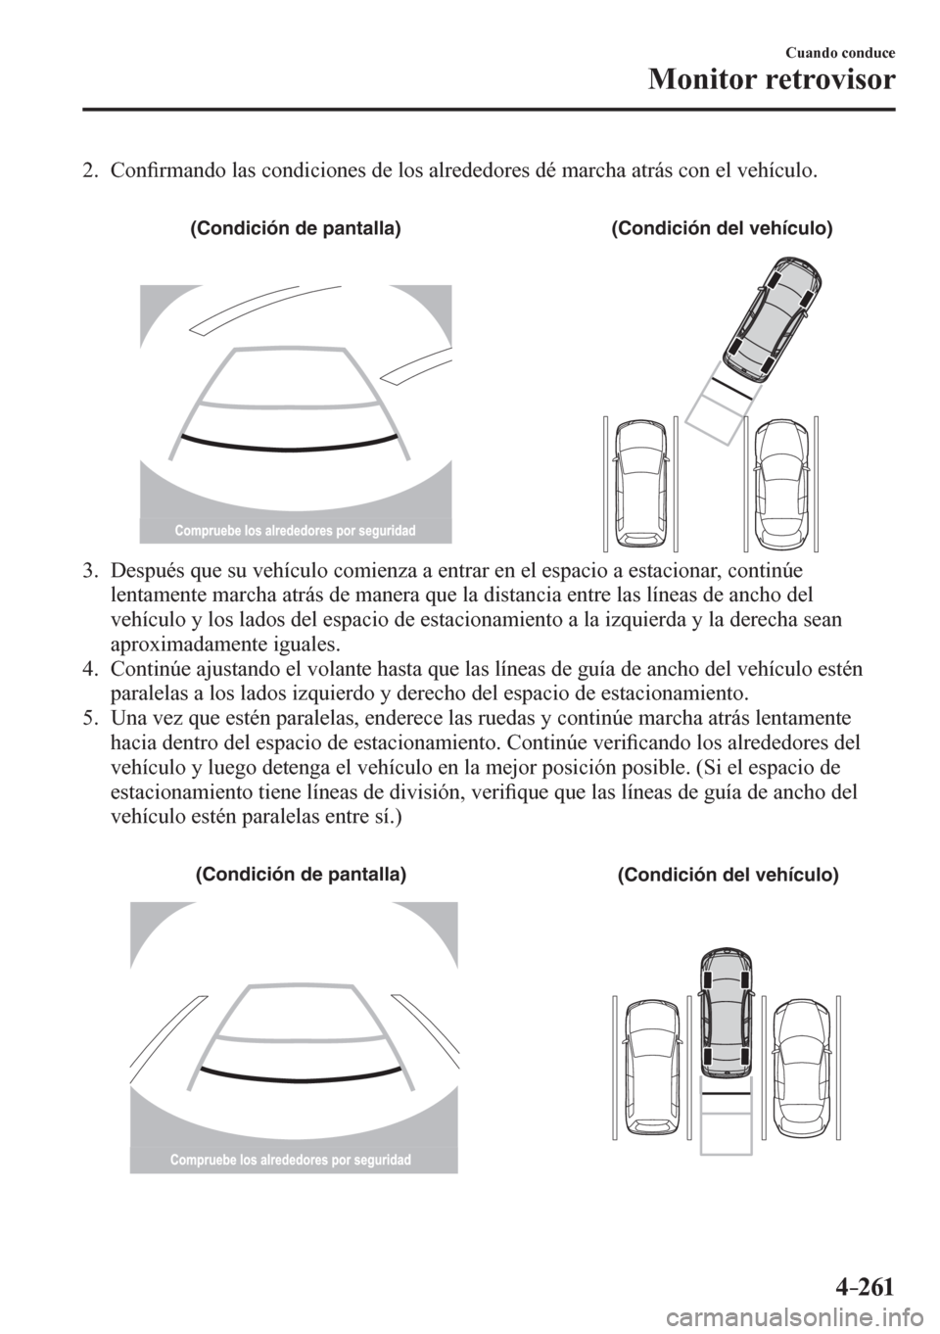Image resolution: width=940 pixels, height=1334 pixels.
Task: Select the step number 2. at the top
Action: pyautogui.click(x=89, y=172)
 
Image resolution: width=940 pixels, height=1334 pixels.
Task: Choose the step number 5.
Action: pyautogui.click(x=89, y=720)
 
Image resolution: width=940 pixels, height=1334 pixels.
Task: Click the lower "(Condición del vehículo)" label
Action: pyautogui.click(x=728, y=875)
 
